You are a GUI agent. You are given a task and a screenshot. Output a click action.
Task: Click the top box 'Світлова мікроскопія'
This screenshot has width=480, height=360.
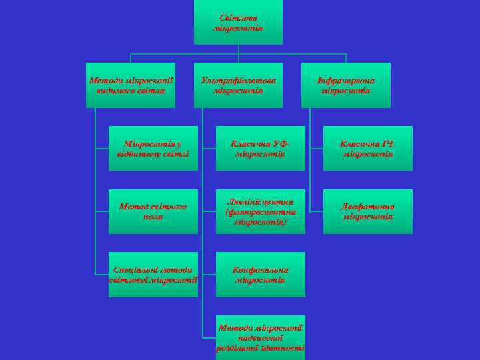tap(238, 23)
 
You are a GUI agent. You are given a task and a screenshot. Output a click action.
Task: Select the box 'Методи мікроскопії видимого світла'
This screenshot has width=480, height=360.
tap(131, 85)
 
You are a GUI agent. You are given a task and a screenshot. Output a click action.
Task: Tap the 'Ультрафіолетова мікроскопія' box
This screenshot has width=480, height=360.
tap(238, 85)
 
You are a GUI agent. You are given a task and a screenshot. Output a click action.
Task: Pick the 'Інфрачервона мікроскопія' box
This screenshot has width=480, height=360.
tap(345, 85)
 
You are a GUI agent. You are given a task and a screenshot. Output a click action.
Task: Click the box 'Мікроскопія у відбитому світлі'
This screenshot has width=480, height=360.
tap(153, 148)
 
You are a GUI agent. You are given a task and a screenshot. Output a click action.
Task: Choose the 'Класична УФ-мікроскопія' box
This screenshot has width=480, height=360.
tap(260, 148)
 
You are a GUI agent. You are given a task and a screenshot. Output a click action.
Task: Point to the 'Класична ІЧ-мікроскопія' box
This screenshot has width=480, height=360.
tap(367, 148)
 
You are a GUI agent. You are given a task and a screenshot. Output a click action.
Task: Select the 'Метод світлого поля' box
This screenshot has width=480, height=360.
tap(153, 211)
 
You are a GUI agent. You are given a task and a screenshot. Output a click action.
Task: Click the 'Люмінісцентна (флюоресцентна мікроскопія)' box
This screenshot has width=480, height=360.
tap(260, 211)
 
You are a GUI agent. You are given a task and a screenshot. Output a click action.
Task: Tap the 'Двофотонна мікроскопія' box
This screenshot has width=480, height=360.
tap(367, 211)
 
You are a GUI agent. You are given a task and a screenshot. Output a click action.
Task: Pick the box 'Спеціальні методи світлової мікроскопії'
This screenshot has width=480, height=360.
tap(153, 274)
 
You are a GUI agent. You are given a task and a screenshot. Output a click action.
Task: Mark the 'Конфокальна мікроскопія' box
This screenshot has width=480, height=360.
tap(260, 274)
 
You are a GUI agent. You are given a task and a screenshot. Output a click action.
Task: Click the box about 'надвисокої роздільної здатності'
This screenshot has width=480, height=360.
tap(260, 337)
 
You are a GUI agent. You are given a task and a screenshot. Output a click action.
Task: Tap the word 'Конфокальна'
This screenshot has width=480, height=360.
tap(260, 269)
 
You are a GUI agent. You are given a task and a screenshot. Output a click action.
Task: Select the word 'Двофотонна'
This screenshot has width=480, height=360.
tap(367, 207)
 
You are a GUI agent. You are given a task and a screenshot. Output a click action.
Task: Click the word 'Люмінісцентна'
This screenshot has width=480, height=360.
tap(260, 201)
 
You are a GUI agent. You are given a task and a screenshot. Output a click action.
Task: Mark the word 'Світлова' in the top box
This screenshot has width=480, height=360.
tap(238, 18)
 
